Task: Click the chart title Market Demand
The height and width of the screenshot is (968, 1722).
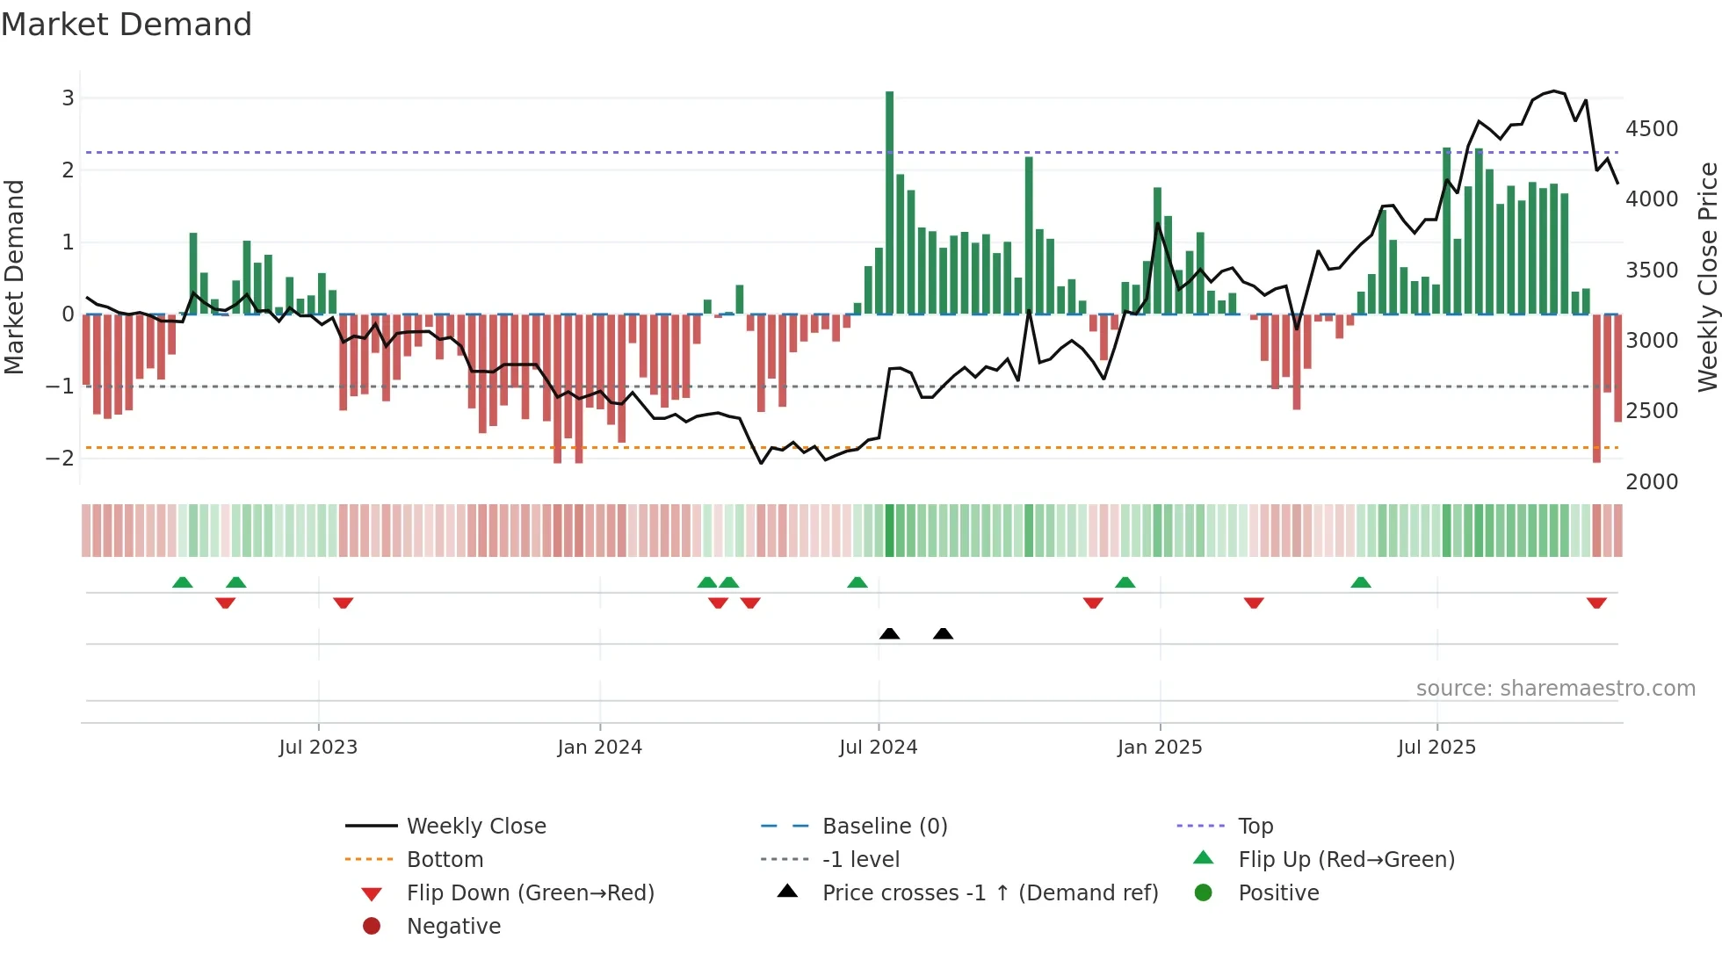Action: (127, 25)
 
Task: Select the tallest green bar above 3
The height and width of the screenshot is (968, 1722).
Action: (889, 202)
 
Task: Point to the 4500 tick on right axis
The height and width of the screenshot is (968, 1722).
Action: (1652, 129)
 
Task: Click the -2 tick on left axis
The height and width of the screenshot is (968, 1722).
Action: (61, 458)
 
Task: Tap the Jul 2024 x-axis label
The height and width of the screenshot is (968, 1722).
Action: (878, 748)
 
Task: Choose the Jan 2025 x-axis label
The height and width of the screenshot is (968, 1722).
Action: (1160, 748)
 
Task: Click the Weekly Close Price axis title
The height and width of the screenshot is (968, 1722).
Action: (1707, 277)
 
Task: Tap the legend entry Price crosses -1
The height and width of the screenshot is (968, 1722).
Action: (989, 893)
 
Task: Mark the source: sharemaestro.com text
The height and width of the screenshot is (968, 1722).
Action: (1555, 689)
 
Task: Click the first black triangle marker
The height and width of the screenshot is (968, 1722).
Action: (889, 633)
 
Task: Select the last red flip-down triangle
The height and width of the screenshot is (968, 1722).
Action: (1596, 603)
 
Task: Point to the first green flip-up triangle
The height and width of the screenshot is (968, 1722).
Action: (182, 582)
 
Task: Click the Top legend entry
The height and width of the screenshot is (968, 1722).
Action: (1255, 827)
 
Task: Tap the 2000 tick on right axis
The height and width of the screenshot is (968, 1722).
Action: (1652, 482)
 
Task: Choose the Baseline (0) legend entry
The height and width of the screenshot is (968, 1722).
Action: (884, 827)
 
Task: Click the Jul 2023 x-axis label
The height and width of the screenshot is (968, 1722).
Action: (318, 748)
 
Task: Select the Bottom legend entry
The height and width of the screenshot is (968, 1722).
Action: (445, 860)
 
